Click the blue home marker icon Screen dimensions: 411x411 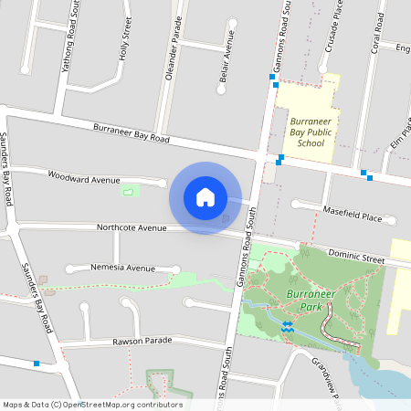click(x=205, y=197)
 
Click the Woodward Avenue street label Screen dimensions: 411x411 click(x=84, y=177)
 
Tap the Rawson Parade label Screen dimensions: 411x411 click(x=142, y=341)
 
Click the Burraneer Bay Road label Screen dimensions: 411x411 click(x=132, y=134)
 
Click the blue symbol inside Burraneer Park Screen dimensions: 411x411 click(x=287, y=325)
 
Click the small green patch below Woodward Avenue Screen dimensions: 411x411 click(x=132, y=191)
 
